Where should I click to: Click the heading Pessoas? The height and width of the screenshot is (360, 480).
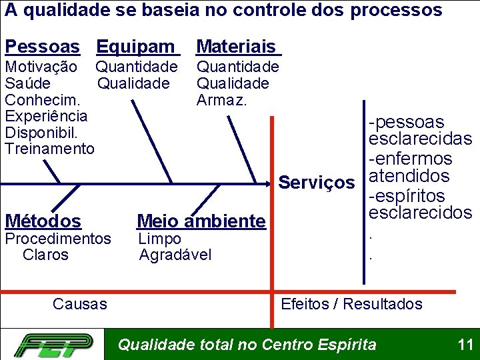pos(42,47)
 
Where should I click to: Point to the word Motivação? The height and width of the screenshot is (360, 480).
pos(41,67)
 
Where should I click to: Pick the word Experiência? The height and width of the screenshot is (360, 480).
pos(46,115)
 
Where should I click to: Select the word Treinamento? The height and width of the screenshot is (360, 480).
pos(49,148)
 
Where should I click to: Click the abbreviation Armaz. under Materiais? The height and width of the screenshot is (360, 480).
pos(222,100)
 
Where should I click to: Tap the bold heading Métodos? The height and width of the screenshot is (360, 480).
pos(43,221)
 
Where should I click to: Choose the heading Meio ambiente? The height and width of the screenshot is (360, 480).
pos(201,221)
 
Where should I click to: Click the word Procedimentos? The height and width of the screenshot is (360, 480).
pos(58,239)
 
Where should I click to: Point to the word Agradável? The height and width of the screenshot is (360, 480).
pos(175,255)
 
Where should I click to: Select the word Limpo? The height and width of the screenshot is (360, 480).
pos(160,239)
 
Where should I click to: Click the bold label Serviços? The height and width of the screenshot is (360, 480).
pos(317,183)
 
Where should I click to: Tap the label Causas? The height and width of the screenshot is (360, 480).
pos(79,304)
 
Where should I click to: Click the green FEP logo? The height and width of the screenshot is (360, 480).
pos(53,345)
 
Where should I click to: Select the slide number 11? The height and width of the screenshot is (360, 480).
pos(465,345)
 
